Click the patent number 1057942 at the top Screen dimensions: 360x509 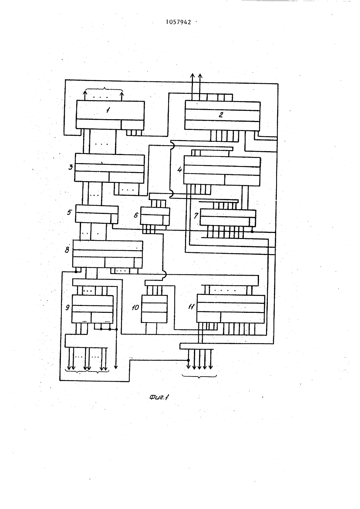click(179, 22)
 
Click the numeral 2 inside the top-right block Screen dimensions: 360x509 click(221, 115)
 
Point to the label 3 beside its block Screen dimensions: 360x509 click(71, 167)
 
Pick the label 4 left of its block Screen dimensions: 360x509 click(180, 169)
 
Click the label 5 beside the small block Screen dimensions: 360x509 click(69, 212)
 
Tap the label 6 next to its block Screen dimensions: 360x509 click(136, 215)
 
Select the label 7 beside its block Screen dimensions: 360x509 click(196, 215)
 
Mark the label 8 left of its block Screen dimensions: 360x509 click(67, 250)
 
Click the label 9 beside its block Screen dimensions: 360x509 click(68, 307)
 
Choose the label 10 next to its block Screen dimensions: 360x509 click(135, 307)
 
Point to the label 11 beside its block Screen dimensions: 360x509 click(191, 307)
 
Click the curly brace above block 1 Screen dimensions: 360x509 click(104, 89)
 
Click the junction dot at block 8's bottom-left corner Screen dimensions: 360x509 click(76, 271)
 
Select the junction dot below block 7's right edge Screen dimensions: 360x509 click(252, 231)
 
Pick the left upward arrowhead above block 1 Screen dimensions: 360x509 click(85, 92)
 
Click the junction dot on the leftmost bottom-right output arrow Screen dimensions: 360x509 click(188, 360)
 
